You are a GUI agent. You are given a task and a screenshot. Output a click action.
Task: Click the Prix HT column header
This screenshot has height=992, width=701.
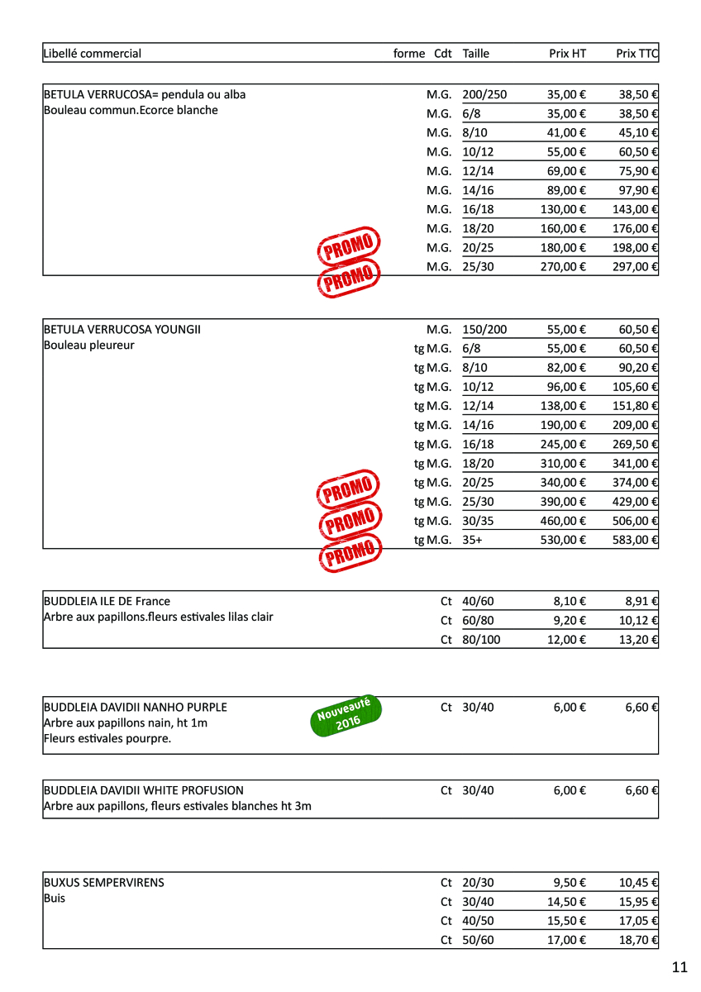567,54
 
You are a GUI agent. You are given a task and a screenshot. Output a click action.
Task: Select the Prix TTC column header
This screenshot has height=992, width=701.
637,54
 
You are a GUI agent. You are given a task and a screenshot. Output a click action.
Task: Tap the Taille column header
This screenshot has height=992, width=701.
476,54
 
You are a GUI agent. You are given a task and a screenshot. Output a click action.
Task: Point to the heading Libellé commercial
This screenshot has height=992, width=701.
93,54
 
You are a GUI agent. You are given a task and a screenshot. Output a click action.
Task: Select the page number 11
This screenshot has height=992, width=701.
680,967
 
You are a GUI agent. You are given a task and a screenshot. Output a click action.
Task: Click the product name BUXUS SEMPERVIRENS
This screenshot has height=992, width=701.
104,883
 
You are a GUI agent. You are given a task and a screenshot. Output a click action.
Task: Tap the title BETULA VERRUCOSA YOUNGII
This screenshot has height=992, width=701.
122,330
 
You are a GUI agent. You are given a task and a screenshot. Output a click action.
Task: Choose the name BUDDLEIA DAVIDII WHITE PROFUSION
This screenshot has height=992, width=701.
144,790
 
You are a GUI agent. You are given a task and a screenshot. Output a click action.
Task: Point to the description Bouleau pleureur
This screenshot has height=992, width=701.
88,346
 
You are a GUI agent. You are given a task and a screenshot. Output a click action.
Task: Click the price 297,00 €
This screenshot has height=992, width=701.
635,267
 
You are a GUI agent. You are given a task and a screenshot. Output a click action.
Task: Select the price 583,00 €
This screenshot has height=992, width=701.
635,541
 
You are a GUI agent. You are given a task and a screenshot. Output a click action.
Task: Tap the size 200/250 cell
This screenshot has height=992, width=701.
484,95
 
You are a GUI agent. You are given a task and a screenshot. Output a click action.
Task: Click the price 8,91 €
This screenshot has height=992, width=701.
641,602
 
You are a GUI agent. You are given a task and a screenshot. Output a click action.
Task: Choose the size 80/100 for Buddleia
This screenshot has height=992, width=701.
481,640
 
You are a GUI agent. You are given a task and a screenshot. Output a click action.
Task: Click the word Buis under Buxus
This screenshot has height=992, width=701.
55,899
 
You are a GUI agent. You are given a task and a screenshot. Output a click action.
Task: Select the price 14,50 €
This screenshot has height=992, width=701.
565,902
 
